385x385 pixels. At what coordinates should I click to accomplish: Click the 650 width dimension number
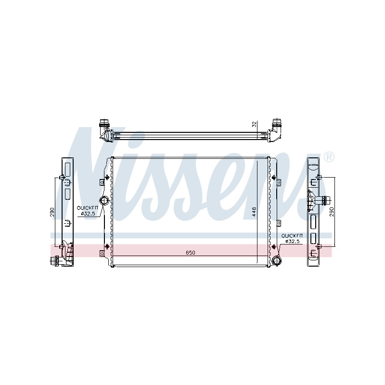(x=190, y=252)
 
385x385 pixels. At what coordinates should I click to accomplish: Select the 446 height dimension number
(x=254, y=212)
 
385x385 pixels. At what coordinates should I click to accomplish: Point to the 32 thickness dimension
(x=255, y=124)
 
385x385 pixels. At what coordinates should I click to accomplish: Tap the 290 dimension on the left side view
(x=52, y=212)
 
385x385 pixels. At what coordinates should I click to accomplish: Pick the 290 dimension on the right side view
(x=332, y=212)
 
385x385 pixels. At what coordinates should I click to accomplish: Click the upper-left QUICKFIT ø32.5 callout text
(x=88, y=211)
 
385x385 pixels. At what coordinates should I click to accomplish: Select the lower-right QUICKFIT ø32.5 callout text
(x=292, y=238)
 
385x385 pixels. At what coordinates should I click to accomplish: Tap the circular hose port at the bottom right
(x=277, y=260)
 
